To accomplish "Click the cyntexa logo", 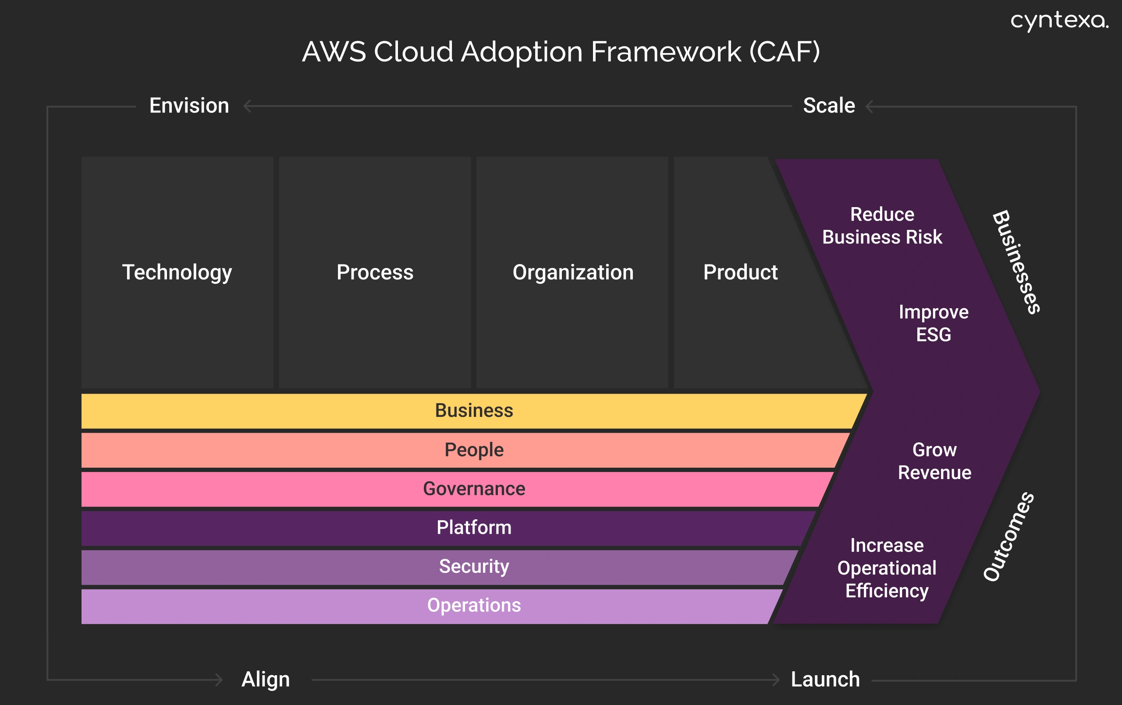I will (1058, 21).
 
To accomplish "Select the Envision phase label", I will (189, 106).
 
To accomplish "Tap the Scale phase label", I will (829, 106).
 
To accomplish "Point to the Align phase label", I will (266, 680).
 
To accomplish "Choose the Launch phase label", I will (825, 680).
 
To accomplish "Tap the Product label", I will (740, 272).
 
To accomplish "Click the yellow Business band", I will (473, 411).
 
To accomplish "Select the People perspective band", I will (473, 450).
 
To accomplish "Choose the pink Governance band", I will (473, 489).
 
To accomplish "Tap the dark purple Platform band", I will (473, 528).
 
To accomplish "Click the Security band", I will (473, 567).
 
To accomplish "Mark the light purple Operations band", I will (473, 605).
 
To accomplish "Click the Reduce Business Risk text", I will (882, 226).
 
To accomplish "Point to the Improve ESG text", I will (933, 323).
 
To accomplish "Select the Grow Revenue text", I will (934, 461).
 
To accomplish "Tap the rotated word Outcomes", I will (1009, 536).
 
